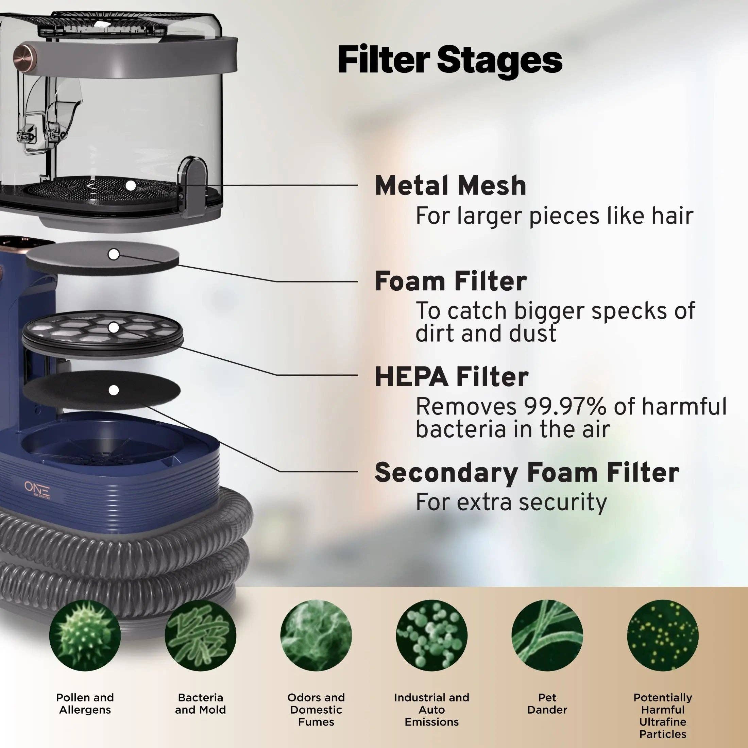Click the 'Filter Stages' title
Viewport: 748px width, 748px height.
click(450, 60)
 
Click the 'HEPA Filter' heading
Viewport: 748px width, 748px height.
click(452, 377)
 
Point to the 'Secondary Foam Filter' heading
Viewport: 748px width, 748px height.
click(527, 473)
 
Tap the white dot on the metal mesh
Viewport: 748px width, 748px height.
click(131, 186)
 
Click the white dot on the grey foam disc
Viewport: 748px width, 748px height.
click(114, 255)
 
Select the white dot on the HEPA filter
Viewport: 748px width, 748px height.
click(114, 327)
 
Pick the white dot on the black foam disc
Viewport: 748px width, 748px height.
click(114, 391)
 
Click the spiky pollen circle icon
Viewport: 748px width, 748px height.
click(85, 635)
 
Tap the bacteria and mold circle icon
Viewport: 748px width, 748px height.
click(200, 635)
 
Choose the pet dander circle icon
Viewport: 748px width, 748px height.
click(547, 635)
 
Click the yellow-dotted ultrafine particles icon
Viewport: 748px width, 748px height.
click(663, 635)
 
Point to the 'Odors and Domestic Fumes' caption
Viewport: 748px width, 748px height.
click(316, 710)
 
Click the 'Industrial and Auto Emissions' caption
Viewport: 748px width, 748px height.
click(432, 710)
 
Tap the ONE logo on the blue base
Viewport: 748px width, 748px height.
click(37, 489)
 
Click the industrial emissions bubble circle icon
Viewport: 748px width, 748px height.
click(432, 635)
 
